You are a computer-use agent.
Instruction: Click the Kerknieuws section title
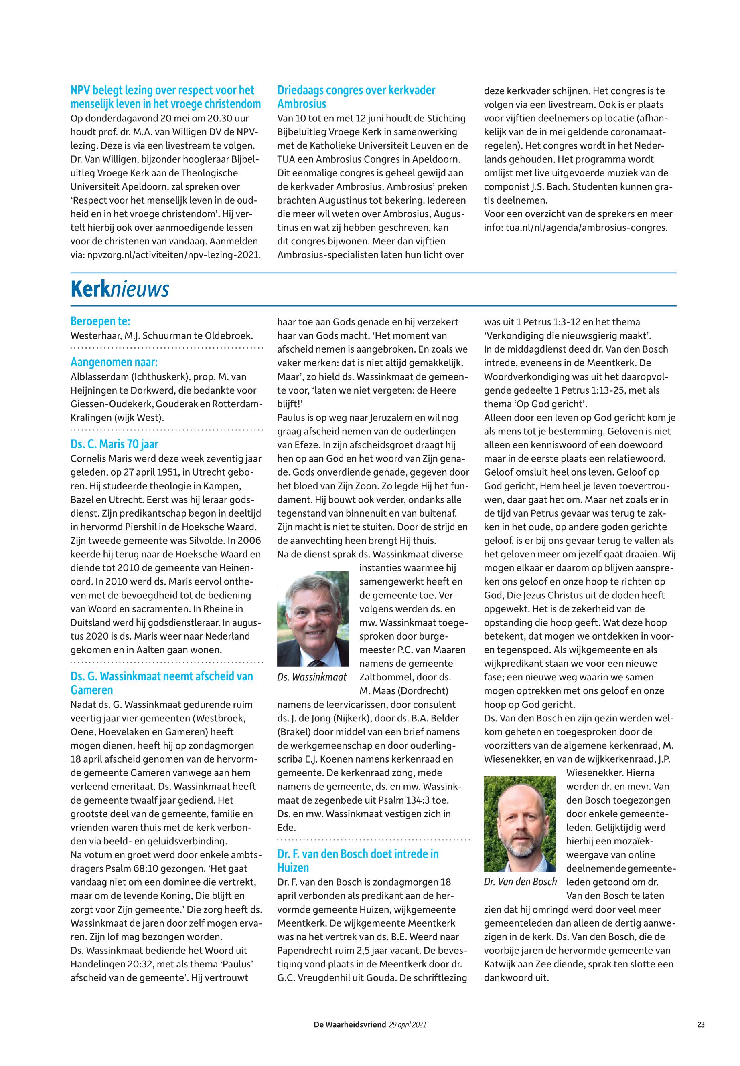tap(120, 290)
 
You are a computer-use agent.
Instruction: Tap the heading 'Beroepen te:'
tap(100, 321)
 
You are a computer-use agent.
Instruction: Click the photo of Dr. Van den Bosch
tap(519, 824)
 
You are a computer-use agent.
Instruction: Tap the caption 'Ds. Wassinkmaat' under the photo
tap(312, 677)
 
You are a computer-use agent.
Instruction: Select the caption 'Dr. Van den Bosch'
tap(520, 882)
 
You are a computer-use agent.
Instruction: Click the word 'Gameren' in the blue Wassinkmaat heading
tap(91, 690)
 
